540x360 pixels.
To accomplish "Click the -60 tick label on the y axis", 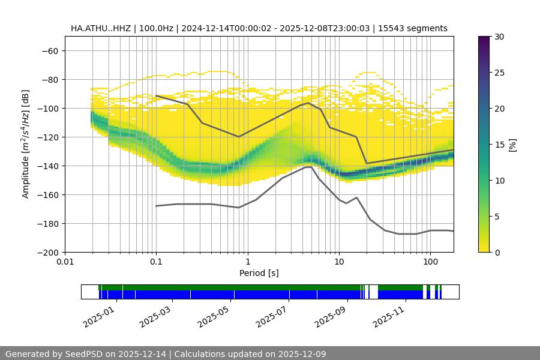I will coord(50,50).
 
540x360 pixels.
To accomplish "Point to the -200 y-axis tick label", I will coord(47,252).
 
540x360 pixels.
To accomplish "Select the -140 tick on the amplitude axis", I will coord(47,166).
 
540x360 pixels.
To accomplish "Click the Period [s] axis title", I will coord(259,273).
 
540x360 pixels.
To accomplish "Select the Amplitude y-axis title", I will coord(26,144).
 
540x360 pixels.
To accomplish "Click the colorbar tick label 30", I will coord(500,37).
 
